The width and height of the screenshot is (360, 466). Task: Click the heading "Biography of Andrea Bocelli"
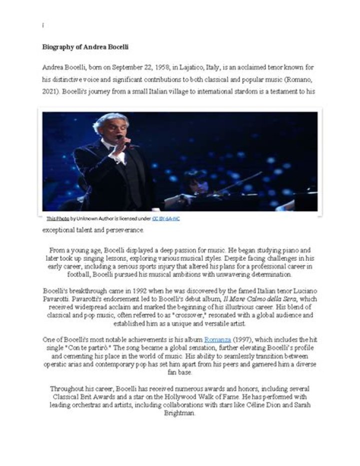point(85,47)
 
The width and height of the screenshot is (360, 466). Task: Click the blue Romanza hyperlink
point(217,339)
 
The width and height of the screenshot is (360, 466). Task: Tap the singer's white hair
point(109,119)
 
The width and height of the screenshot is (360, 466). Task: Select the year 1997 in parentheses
point(242,339)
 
